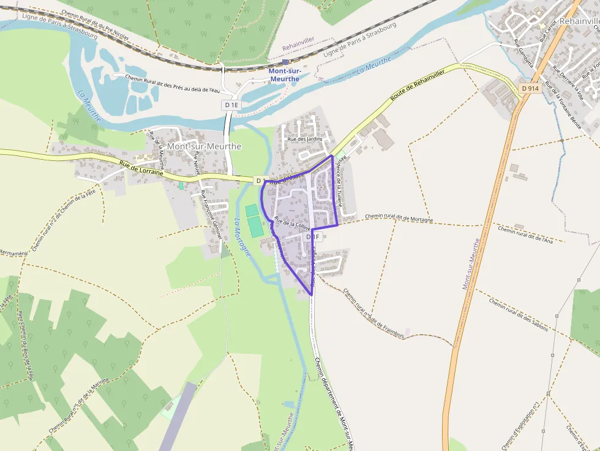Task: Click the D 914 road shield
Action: click(x=530, y=89)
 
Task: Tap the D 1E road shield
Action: click(x=231, y=105)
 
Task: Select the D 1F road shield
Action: click(x=312, y=237)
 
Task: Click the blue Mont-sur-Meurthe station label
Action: click(x=284, y=75)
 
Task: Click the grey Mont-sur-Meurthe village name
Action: click(x=204, y=147)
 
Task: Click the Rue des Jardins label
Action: click(x=305, y=140)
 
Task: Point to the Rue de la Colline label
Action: click(x=293, y=224)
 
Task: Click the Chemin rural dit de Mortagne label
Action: click(x=399, y=218)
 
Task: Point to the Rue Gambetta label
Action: click(x=524, y=53)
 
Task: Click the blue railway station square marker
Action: click(x=285, y=62)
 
